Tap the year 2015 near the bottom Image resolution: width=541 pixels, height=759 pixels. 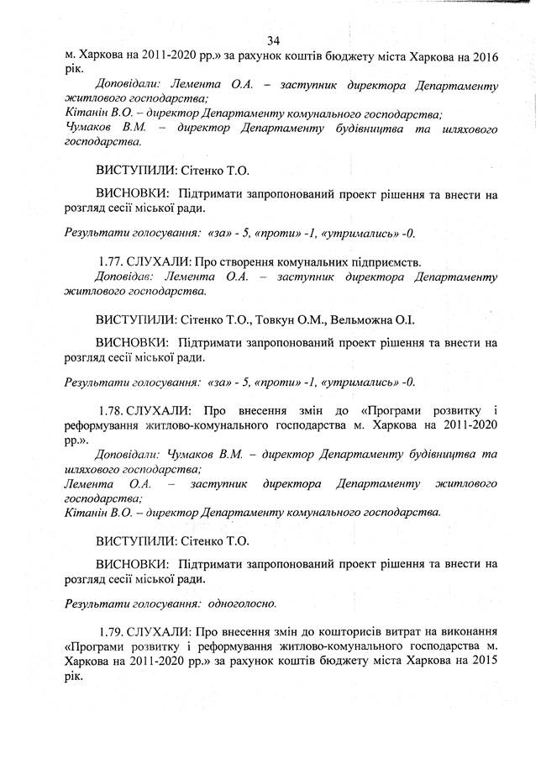(481, 661)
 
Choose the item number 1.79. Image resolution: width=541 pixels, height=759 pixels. (112, 630)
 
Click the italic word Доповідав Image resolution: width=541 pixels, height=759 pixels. (123, 275)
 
